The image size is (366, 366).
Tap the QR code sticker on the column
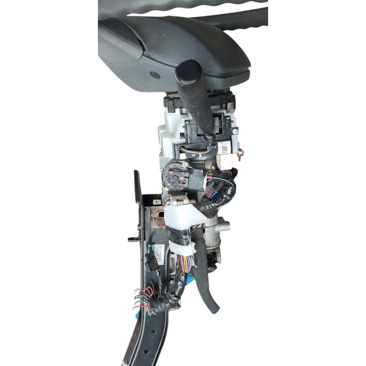225,149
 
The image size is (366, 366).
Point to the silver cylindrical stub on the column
224,225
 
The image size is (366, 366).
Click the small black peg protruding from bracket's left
131,239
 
